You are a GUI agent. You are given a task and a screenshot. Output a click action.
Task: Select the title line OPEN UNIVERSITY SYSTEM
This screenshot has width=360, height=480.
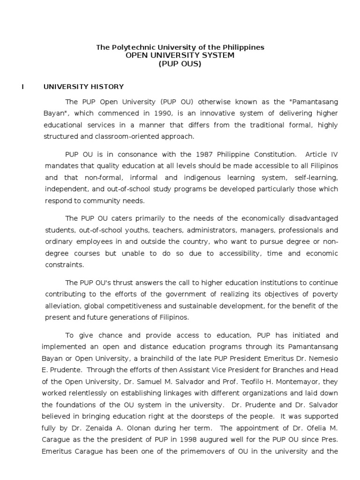tap(180, 55)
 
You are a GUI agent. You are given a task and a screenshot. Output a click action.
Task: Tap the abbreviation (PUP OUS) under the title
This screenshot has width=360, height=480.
tap(180, 64)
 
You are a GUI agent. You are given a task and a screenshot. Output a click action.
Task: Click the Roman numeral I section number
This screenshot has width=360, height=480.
tap(22, 87)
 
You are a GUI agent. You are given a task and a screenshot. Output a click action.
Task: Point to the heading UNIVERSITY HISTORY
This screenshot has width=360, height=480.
tap(83, 87)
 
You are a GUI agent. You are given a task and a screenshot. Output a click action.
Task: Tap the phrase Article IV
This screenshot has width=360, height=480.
tap(320, 154)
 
